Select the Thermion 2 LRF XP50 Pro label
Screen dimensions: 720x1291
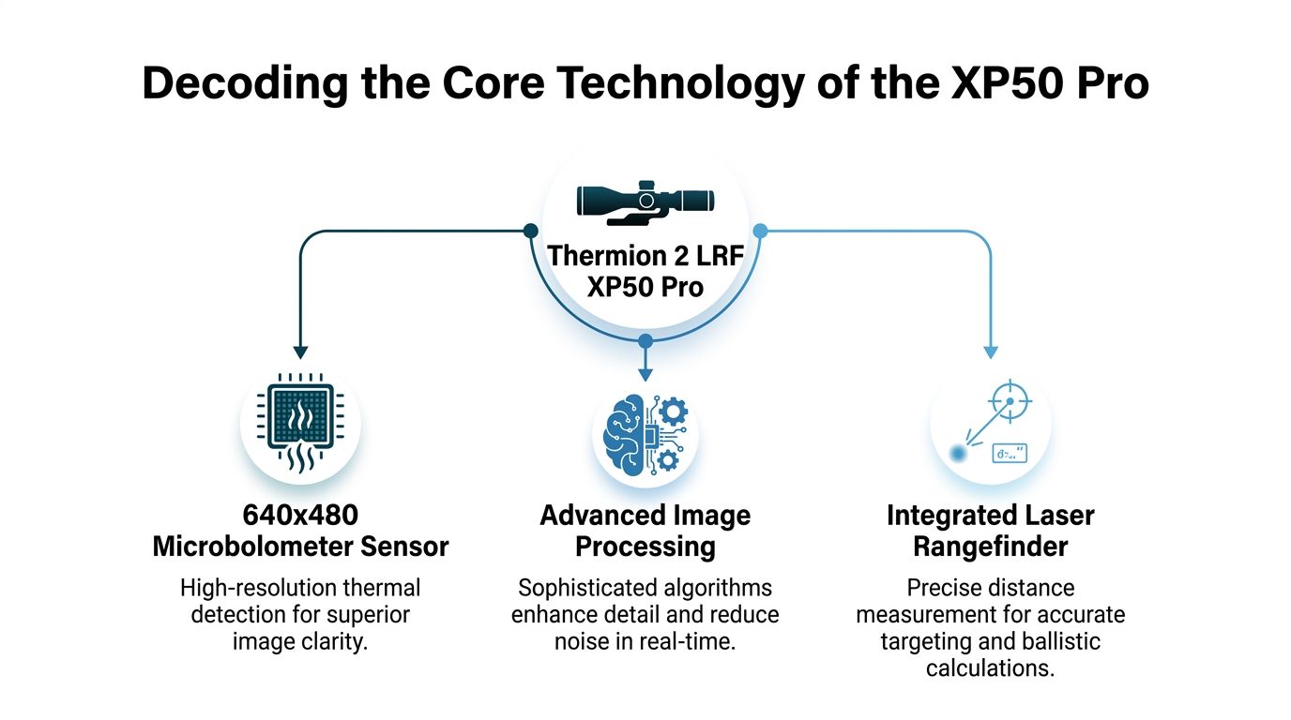click(x=645, y=270)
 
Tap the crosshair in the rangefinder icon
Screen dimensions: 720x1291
click(x=1010, y=401)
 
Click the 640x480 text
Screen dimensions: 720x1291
click(x=300, y=515)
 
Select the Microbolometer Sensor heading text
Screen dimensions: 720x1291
click(x=300, y=546)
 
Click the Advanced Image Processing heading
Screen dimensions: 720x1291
click(x=645, y=531)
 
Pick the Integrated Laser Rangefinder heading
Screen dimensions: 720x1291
click(x=990, y=531)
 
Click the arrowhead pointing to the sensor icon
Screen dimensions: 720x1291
click(x=300, y=352)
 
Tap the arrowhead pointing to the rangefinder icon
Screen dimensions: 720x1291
click(x=990, y=352)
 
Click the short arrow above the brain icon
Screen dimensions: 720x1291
click(x=645, y=361)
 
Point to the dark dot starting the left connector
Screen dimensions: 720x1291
click(x=530, y=231)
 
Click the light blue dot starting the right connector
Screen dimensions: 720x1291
click(x=760, y=231)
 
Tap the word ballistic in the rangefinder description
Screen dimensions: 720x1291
click(x=1058, y=642)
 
